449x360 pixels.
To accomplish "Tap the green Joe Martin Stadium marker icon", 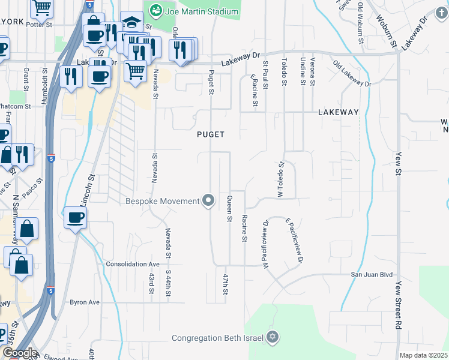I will [x=156, y=10].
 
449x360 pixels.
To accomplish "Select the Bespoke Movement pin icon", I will [x=208, y=200].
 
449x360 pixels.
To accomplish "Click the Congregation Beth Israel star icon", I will [x=273, y=337].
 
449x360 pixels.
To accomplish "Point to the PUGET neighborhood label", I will [x=211, y=134].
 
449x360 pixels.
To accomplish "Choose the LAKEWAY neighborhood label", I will [x=338, y=112].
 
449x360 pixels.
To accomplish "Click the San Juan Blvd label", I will [x=372, y=274].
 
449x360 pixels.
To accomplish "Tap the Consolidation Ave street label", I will [x=133, y=264].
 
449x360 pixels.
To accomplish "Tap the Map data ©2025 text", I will [x=423, y=355].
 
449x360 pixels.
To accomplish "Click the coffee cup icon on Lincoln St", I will [x=75, y=218].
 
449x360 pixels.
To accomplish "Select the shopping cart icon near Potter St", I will [x=41, y=8].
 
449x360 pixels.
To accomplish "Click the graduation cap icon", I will [x=131, y=23].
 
